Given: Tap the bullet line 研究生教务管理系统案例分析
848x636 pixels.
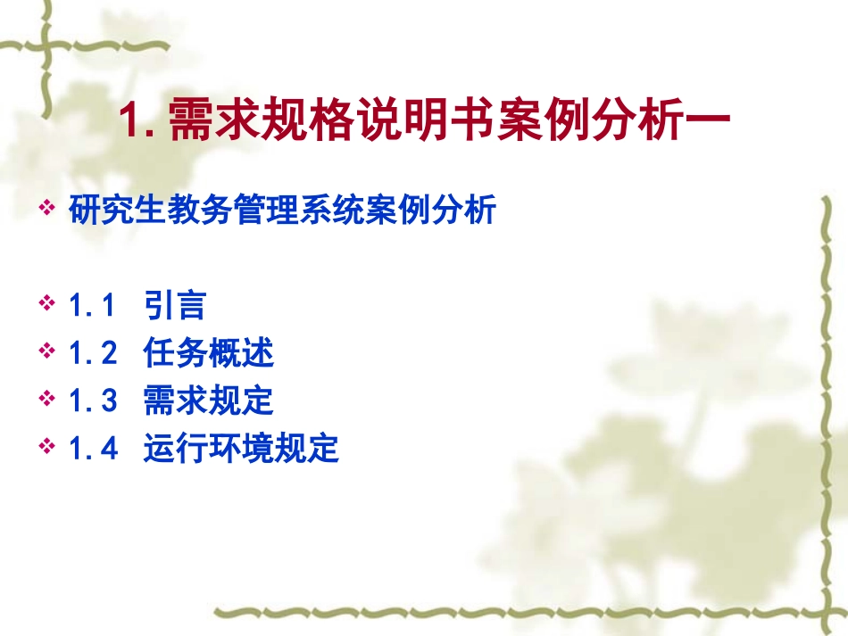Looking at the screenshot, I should (281, 212).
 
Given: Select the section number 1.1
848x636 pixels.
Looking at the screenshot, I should (93, 307).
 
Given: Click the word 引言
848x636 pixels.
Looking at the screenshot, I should (174, 307).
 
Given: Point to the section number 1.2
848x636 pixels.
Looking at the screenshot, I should (93, 354).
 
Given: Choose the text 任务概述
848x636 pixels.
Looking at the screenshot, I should (208, 354).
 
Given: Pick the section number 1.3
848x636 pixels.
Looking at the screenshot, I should (93, 401).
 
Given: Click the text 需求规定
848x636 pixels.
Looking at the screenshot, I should (208, 401).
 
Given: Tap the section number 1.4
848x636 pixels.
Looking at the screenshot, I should (93, 449).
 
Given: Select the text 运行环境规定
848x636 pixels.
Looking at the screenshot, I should (241, 449).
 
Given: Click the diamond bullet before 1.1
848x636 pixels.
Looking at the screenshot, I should (47, 305).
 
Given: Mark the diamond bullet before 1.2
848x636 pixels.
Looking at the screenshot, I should (47, 352).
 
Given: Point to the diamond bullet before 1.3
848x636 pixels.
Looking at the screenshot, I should (47, 400).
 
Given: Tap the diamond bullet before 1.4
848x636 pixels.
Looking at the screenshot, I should (47, 447).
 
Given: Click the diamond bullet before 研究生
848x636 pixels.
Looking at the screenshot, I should (47, 211).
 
